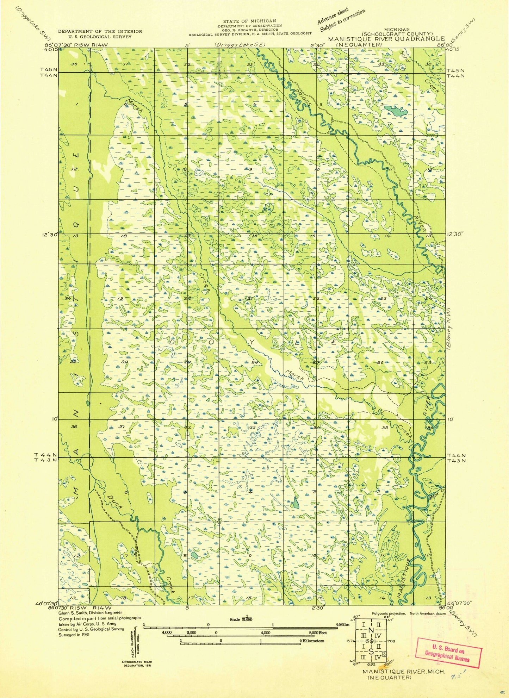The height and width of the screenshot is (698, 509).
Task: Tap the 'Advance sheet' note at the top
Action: tap(333, 16)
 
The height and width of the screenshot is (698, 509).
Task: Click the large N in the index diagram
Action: tap(371, 630)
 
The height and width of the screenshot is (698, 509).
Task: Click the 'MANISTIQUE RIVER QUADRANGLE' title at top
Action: tap(386, 39)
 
